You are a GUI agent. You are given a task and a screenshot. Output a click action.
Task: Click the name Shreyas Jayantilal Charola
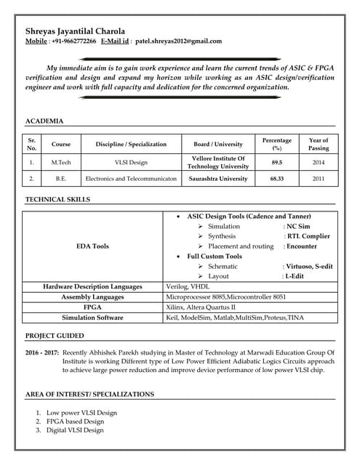[x=75, y=31]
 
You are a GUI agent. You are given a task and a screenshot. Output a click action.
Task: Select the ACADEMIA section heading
[x=44, y=121]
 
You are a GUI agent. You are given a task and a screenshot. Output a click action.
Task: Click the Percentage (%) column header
[x=276, y=144]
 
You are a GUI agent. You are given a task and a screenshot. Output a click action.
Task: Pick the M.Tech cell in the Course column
[x=61, y=163]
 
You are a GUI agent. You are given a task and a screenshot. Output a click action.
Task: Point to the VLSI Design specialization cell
[x=131, y=163]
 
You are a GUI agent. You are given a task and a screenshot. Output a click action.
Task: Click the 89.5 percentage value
[x=276, y=163]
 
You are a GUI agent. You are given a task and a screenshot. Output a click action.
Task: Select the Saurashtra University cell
[x=218, y=178]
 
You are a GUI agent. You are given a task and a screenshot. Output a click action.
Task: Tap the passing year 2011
[x=319, y=178]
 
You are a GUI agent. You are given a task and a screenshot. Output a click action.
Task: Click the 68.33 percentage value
[x=276, y=178]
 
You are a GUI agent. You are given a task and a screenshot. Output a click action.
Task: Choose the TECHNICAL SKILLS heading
[x=58, y=198]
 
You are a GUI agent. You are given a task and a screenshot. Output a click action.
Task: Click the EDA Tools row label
[x=92, y=246]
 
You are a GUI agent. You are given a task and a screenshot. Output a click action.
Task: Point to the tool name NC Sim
[x=299, y=227]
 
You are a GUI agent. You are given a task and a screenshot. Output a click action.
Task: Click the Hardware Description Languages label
[x=92, y=287]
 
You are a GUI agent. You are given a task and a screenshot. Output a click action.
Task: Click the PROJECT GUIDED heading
[x=55, y=336]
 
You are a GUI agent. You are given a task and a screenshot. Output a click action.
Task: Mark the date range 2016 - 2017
[x=41, y=352]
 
